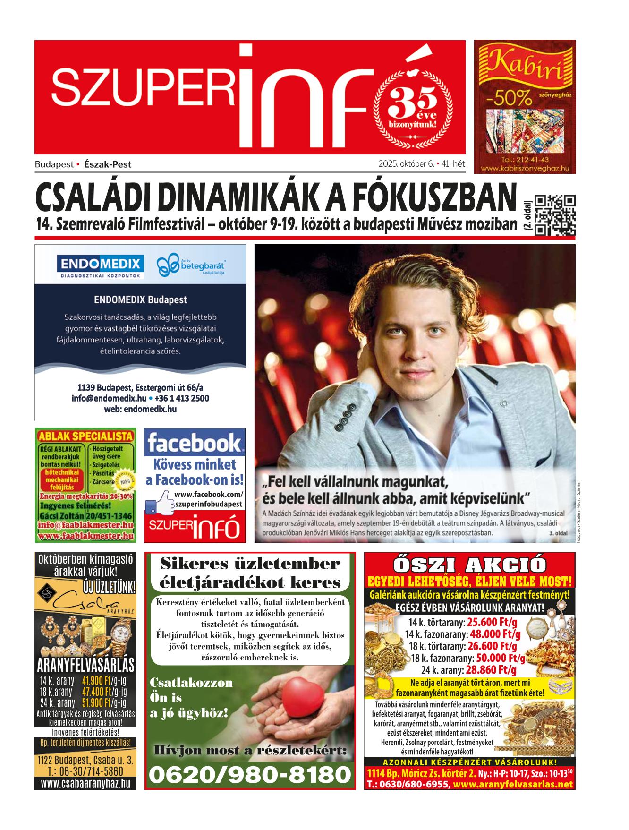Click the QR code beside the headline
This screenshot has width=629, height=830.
(x=555, y=215)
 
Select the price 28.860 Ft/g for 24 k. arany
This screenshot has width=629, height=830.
(x=491, y=670)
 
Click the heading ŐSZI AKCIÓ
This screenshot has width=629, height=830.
(x=469, y=565)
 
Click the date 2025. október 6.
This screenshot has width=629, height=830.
(x=406, y=164)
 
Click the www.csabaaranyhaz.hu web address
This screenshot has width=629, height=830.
(x=85, y=784)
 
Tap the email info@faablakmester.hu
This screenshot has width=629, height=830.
(x=85, y=525)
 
